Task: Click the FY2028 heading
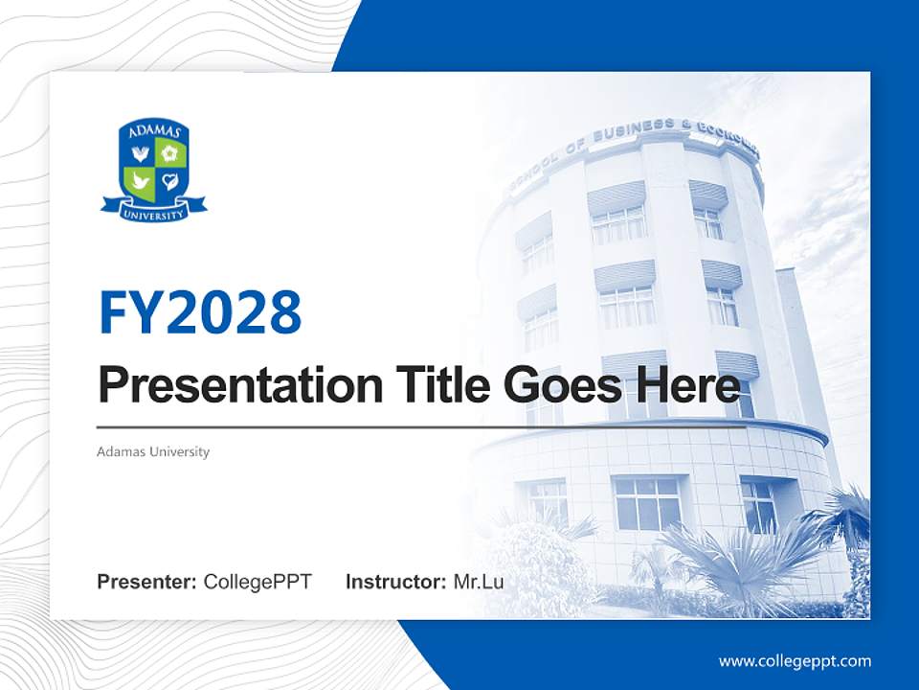click(200, 312)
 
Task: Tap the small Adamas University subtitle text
click(153, 451)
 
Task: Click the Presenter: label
click(147, 582)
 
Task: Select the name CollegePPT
click(258, 582)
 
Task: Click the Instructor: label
click(395, 582)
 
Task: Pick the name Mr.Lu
click(479, 582)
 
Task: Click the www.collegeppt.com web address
click(795, 661)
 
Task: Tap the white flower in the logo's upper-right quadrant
click(169, 152)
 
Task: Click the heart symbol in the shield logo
click(169, 180)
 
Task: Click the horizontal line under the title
click(421, 427)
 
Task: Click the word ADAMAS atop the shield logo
click(154, 131)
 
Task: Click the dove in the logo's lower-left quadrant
click(140, 180)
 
